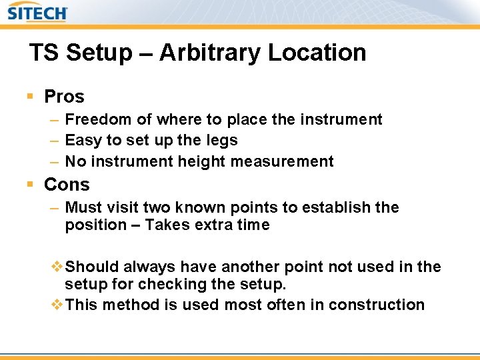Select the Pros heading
64,97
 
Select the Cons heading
67,184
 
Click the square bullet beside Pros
30,97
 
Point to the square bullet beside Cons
30,184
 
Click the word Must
83,207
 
